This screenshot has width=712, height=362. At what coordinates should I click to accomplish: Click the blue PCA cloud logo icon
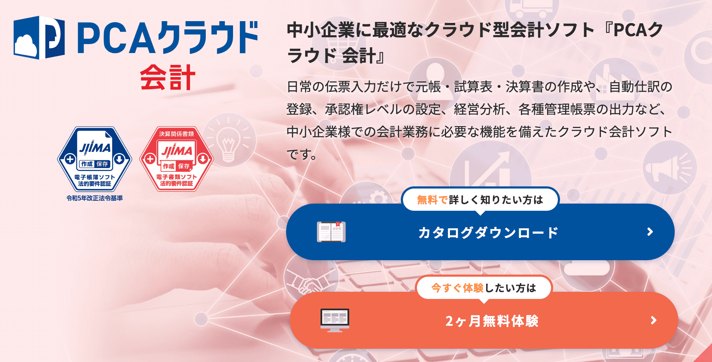(39, 37)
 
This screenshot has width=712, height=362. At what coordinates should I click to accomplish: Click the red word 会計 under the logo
(167, 77)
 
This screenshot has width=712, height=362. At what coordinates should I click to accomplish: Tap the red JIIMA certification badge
(176, 159)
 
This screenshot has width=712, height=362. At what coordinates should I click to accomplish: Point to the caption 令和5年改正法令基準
(95, 198)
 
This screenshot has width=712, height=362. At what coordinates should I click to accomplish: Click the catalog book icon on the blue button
(331, 232)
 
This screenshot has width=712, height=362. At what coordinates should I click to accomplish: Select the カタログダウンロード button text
(488, 233)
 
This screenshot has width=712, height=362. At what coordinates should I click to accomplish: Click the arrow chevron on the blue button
(650, 232)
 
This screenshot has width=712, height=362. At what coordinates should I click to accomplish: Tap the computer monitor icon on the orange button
(334, 320)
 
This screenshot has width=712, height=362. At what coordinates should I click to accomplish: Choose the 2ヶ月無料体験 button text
(492, 321)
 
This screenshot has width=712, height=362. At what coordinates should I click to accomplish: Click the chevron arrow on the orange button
(654, 320)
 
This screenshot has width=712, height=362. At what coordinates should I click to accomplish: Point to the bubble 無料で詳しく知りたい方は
(480, 200)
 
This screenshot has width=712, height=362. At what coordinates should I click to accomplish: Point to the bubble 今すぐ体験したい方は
(484, 288)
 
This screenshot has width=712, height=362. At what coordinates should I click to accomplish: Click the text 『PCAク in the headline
(634, 30)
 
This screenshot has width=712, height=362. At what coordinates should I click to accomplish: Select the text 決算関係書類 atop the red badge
(176, 134)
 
